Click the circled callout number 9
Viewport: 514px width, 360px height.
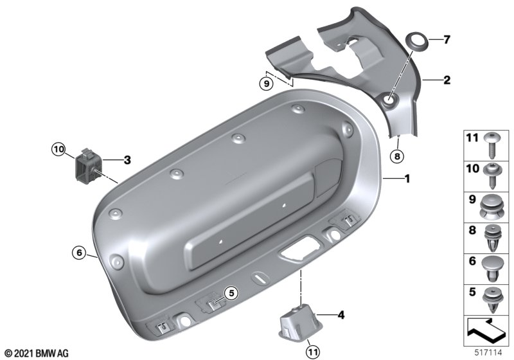coord(266,84)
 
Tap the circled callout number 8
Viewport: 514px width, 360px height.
coord(397,156)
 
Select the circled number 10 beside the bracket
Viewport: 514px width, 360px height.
coord(58,150)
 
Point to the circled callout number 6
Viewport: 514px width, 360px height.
coord(79,253)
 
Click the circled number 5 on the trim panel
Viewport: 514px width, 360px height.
coord(231,292)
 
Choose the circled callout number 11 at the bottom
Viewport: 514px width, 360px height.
coord(312,352)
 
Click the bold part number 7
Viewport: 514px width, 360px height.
coord(447,40)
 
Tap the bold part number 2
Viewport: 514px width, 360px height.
coord(447,80)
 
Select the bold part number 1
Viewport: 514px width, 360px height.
coord(407,179)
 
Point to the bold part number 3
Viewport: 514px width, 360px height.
coord(127,160)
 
